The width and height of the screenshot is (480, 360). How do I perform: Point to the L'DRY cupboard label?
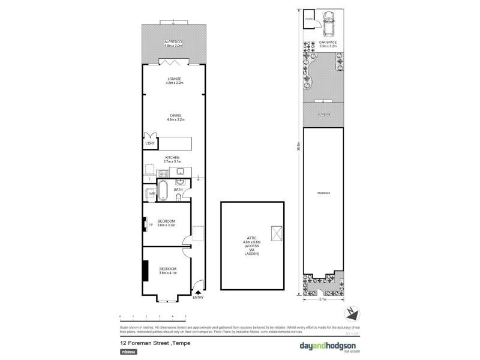click(150, 144)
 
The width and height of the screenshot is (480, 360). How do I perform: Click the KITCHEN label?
click(172, 158)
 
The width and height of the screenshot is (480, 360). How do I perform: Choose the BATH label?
click(178, 190)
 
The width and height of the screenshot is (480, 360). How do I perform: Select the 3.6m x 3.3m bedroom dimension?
click(166, 226)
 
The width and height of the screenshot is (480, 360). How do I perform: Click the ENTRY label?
click(198, 298)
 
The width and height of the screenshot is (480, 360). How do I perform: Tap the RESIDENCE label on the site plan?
click(324, 193)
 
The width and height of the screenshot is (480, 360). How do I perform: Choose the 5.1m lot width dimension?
click(323, 298)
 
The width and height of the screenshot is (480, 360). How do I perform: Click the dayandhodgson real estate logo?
click(327, 346)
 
